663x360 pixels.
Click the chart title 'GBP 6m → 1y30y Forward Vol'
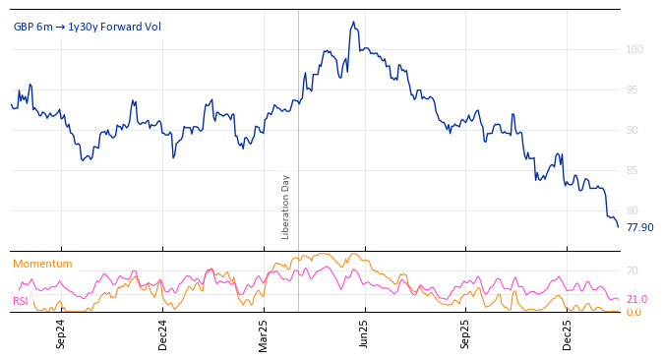[x=87, y=27]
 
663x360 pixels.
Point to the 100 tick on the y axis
[x=634, y=49]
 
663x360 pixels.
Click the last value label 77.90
[x=639, y=227]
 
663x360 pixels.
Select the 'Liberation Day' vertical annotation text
[x=286, y=207]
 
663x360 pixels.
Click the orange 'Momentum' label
[x=42, y=264]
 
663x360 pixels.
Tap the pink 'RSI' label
[x=20, y=301]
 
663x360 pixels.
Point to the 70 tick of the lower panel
[x=633, y=270]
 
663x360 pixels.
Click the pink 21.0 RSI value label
[x=636, y=299]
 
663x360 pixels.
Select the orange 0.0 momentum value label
[x=633, y=312]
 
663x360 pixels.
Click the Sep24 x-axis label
[x=61, y=333]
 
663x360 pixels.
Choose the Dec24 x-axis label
[x=163, y=333]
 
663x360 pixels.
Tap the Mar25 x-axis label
[x=264, y=333]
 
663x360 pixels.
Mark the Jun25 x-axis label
[x=365, y=333]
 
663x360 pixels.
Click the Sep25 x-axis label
[x=466, y=333]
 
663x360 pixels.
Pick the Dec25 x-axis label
[x=568, y=333]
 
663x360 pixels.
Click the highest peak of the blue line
[x=353, y=22]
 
